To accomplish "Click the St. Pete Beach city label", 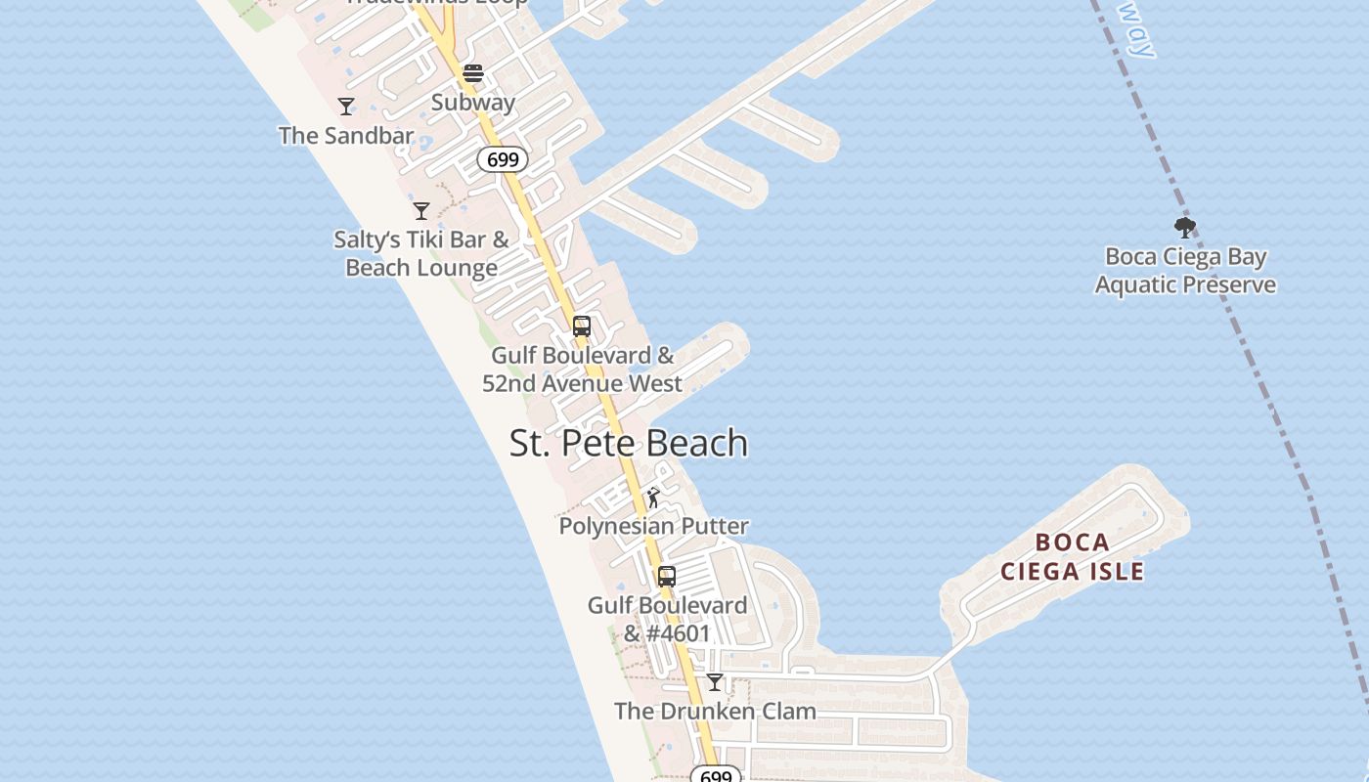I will click(628, 443).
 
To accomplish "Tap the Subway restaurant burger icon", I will click(473, 72).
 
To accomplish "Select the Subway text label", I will click(473, 102).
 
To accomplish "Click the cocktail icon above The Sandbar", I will click(346, 106).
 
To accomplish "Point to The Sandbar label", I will click(346, 135).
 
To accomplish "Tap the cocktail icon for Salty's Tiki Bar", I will click(421, 210).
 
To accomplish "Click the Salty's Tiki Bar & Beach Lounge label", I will click(421, 253).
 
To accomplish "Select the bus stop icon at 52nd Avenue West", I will click(582, 326).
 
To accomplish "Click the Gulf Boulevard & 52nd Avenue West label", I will click(582, 369).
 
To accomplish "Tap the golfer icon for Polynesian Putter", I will click(653, 498).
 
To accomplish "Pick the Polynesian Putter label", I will click(653, 526).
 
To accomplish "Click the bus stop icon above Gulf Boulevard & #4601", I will click(667, 577).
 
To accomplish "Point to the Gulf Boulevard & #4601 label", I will click(667, 619).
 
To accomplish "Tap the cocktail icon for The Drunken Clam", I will click(715, 681).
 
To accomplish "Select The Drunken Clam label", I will click(715, 711).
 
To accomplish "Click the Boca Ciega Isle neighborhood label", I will click(1073, 556).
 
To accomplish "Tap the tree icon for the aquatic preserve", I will click(1185, 229).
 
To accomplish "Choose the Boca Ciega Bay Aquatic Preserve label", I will click(1185, 271).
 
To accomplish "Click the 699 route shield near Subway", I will click(503, 158).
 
